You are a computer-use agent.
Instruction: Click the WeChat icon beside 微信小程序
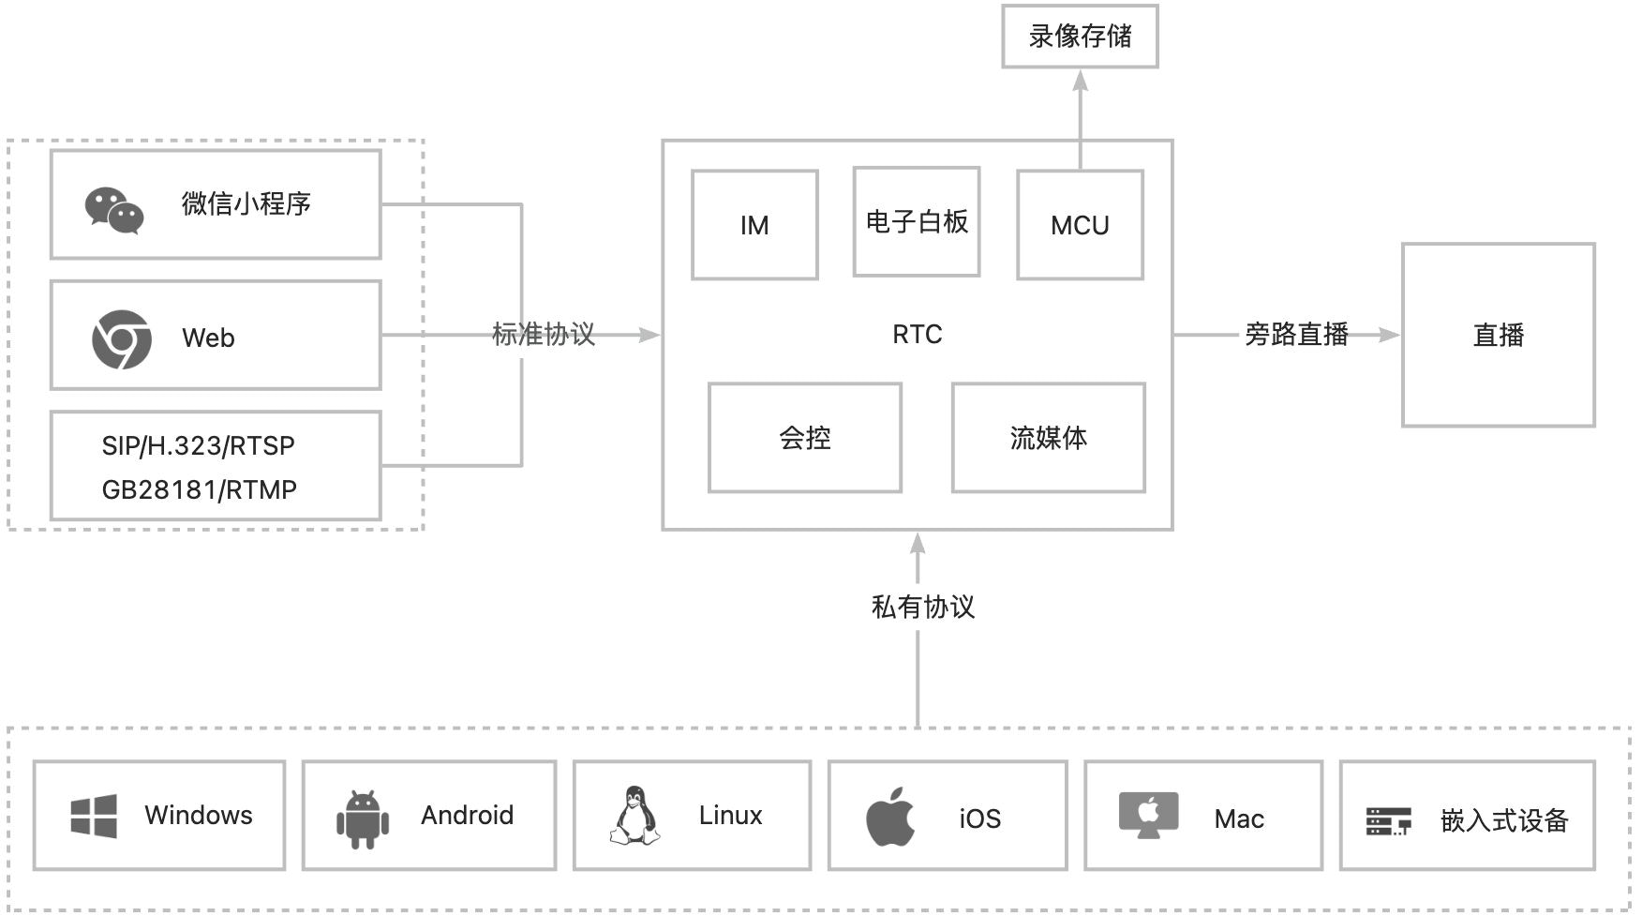coord(113,209)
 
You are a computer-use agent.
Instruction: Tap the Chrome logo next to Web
coord(122,338)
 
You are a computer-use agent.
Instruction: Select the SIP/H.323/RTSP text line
coord(198,445)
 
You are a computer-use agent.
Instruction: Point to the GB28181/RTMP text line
coord(199,489)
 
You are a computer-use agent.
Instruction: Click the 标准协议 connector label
coord(544,335)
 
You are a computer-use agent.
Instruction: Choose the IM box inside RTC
coord(754,225)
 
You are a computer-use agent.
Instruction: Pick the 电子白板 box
coord(917,222)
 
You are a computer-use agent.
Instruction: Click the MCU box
coord(1080,225)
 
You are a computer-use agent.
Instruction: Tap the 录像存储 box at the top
coord(1080,37)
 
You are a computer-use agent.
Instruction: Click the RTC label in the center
coord(917,335)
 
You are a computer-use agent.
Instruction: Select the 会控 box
coord(805,438)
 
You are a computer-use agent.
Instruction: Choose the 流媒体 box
coord(1048,438)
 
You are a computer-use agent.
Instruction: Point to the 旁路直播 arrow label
coord(1296,335)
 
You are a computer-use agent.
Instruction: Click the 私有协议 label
coord(923,608)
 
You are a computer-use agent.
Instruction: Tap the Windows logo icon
coord(94,816)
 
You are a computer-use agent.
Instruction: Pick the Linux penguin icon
coord(634,815)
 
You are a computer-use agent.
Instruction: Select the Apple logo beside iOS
coord(890,817)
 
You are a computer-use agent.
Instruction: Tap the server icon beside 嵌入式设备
coord(1388,821)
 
